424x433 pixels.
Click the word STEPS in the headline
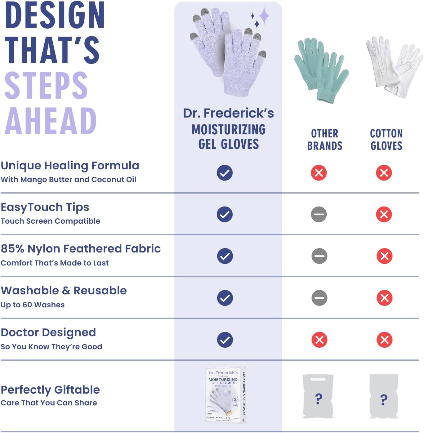(46, 86)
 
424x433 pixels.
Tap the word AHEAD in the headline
(51, 121)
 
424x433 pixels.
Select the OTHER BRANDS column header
(324, 140)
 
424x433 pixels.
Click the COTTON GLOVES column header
(386, 140)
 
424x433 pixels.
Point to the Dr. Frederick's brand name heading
(228, 113)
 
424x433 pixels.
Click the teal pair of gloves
(321, 70)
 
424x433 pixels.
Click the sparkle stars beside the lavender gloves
(260, 17)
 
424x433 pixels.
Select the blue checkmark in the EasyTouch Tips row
(225, 214)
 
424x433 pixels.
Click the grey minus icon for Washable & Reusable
(319, 298)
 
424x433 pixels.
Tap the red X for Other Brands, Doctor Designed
(319, 340)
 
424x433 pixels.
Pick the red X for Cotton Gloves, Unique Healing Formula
(384, 173)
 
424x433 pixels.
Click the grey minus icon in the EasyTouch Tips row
(319, 214)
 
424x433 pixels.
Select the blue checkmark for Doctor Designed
(225, 340)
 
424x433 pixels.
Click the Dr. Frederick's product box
(226, 395)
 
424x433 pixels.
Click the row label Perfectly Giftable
(50, 390)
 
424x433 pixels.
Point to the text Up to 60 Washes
(33, 305)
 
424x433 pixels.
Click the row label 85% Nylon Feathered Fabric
(81, 249)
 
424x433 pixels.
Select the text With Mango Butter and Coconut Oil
(68, 180)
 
